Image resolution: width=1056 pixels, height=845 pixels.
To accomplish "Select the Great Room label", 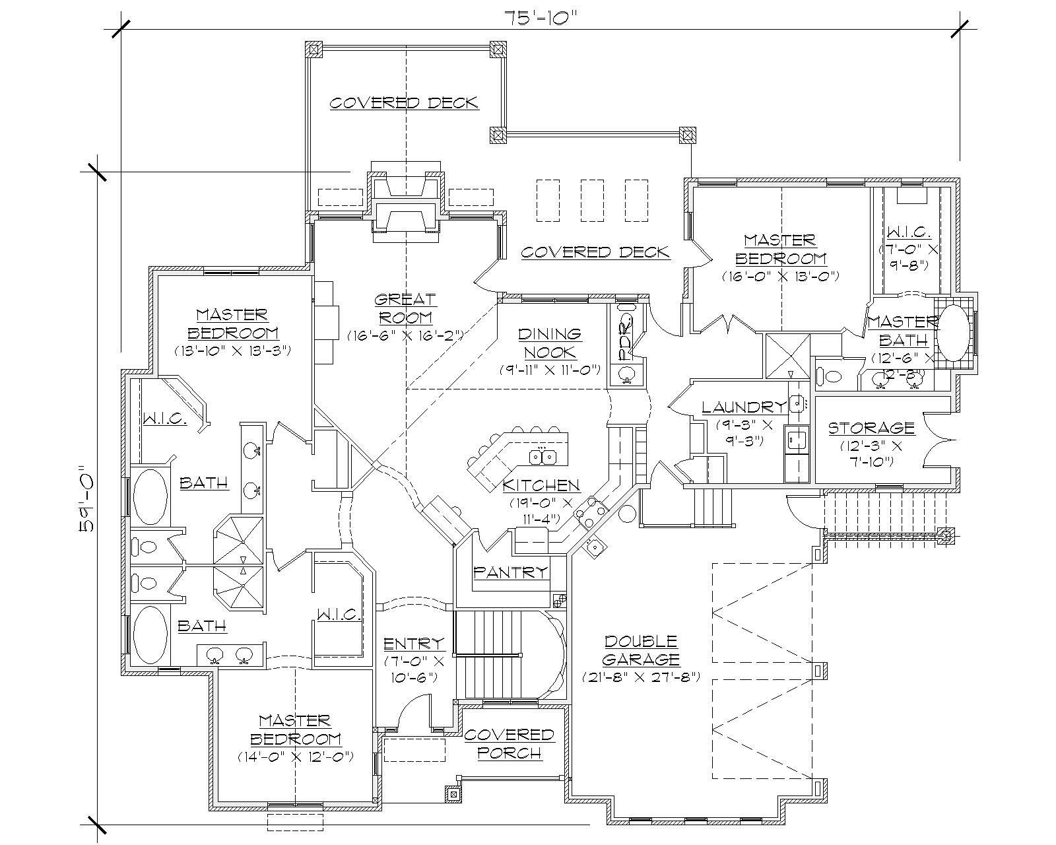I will coord(405,308).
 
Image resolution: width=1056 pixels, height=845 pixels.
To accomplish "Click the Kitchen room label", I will coord(541,486).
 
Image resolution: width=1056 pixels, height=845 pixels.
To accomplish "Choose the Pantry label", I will coord(511,572).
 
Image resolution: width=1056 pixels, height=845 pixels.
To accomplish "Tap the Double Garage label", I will coord(641,650).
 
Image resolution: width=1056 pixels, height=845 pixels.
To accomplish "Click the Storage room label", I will coord(871,428).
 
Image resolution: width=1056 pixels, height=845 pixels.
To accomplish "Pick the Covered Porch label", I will coord(509,743).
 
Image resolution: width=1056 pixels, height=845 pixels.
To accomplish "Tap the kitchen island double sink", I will coord(544,456).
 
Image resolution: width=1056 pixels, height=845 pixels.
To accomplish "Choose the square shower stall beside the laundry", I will coord(787,355).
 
